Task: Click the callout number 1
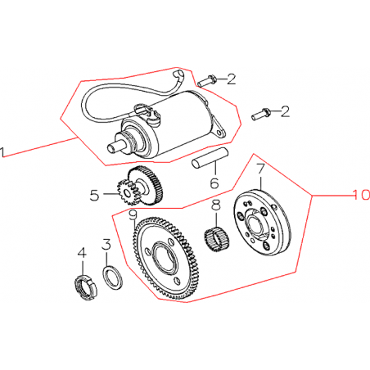[x=2, y=152]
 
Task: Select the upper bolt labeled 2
[x=207, y=81]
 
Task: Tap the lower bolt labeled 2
[x=261, y=114]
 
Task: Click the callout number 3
[x=106, y=244]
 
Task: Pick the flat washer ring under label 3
[x=113, y=277]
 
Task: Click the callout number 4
[x=82, y=254]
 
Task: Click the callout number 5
[x=95, y=196]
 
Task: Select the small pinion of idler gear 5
[x=126, y=193]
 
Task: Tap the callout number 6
[x=214, y=183]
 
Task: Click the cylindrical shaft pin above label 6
[x=210, y=157]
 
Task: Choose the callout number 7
[x=260, y=169]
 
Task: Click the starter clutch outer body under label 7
[x=262, y=223]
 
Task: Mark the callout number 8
[x=216, y=205]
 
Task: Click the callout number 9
[x=133, y=215]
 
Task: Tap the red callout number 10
[x=361, y=195]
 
